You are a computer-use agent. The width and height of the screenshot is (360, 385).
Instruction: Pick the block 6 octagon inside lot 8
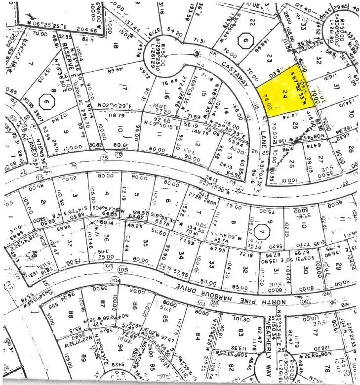pyautogui.click(x=46, y=104)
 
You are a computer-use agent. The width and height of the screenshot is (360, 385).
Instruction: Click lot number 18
pyautogui.click(x=117, y=46)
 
